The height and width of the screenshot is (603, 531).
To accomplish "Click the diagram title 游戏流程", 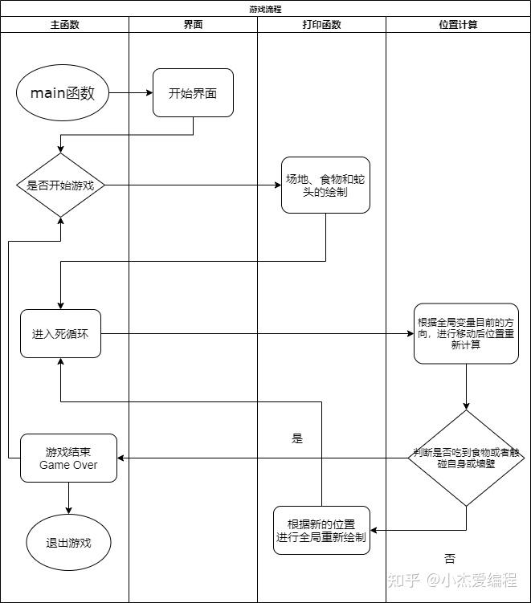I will (265, 9).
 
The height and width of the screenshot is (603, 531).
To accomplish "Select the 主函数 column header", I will (64, 25).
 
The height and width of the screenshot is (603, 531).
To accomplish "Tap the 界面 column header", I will (193, 25).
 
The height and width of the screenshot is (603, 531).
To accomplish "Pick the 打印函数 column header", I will (321, 25).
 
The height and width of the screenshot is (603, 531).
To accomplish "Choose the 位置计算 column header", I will (458, 25).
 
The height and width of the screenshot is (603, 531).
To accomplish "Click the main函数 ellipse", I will (63, 93).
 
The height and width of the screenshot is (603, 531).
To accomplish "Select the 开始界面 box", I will (193, 93).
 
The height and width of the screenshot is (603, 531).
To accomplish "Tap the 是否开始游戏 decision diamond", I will (61, 185).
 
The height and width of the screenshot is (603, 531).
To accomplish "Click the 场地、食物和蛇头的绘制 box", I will (325, 185).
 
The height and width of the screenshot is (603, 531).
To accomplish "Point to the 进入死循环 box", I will (61, 333).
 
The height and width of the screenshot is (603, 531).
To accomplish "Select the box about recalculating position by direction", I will (466, 333).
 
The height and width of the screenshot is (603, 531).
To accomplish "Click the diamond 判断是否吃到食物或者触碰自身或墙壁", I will (466, 458).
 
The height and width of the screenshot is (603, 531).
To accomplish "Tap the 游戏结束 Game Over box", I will (68, 458).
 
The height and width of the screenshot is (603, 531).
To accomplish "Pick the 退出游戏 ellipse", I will (68, 543).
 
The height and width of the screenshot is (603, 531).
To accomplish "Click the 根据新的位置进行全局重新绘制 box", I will (321, 530).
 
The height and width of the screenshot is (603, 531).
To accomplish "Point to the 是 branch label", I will (297, 439).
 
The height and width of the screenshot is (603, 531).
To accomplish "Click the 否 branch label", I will (449, 559).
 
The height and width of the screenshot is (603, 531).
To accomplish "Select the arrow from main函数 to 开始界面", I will (130, 93).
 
